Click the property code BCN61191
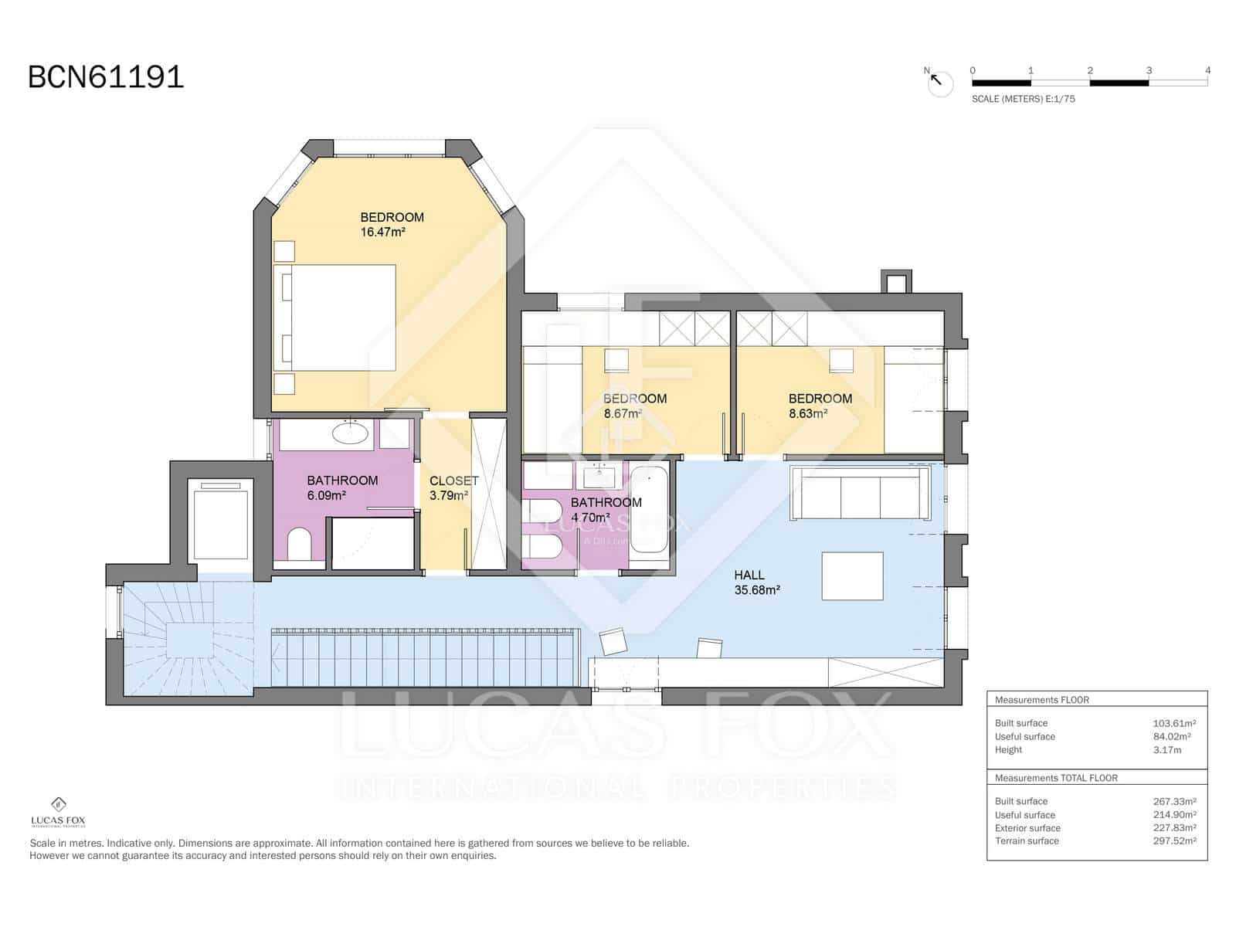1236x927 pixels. (x=106, y=77)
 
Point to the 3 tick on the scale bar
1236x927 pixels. (x=1149, y=71)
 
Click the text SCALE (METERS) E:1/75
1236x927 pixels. (x=1023, y=99)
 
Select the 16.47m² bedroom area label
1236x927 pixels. (x=383, y=232)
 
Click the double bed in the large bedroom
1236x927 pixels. (x=335, y=317)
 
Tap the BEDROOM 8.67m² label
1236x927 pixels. (x=634, y=406)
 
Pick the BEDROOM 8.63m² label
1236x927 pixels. (x=820, y=406)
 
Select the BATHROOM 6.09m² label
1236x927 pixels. (x=342, y=487)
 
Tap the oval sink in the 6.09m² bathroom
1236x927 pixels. (x=350, y=433)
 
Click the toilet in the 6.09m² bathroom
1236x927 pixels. (x=298, y=545)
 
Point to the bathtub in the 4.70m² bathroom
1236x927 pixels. (x=649, y=510)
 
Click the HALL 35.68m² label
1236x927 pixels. (x=756, y=582)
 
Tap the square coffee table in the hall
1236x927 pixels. (x=852, y=576)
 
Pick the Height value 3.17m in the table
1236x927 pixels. (x=1166, y=749)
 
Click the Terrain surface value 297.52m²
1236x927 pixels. (x=1174, y=840)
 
